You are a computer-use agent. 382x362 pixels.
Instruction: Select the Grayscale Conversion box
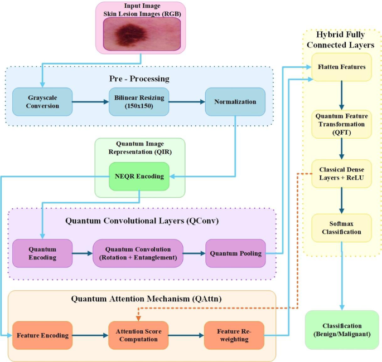click(43, 102)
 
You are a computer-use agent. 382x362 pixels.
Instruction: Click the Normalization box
click(235, 102)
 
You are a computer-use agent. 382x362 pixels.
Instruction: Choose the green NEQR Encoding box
click(139, 176)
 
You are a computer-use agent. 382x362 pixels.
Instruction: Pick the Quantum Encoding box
click(42, 253)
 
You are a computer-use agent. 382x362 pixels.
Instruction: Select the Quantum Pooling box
click(235, 253)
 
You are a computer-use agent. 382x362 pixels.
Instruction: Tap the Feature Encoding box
click(42, 336)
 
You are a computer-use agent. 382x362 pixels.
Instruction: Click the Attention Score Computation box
click(138, 336)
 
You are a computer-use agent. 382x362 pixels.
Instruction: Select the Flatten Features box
click(341, 67)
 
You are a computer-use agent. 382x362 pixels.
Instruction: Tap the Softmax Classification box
click(341, 227)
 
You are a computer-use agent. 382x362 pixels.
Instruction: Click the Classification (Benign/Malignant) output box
click(341, 330)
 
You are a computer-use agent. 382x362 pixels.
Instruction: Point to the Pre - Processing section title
click(139, 79)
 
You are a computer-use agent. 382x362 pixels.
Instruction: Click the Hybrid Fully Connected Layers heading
click(341, 40)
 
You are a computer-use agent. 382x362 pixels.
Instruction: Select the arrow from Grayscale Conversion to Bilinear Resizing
click(89, 102)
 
